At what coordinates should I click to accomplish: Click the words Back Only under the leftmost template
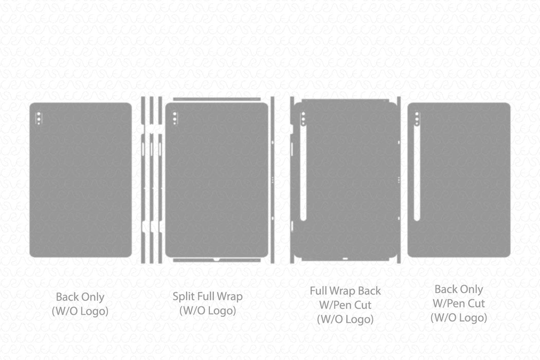pyautogui.click(x=80, y=297)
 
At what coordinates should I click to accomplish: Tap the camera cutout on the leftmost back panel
pyautogui.click(x=38, y=118)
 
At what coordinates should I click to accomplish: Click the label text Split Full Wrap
pyautogui.click(x=207, y=296)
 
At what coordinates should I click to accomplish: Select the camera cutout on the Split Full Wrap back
pyautogui.click(x=174, y=118)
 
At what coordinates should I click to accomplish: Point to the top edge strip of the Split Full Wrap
pyautogui.click(x=216, y=99)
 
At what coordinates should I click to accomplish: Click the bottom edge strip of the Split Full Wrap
pyautogui.click(x=216, y=260)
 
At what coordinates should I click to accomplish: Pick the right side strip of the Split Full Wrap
pyautogui.click(x=273, y=180)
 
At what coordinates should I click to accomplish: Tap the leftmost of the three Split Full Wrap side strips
pyautogui.click(x=143, y=180)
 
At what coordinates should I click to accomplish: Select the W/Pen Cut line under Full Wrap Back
pyautogui.click(x=345, y=305)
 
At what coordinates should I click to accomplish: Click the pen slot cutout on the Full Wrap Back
pyautogui.click(x=303, y=175)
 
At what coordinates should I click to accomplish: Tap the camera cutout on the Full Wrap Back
pyautogui.click(x=303, y=119)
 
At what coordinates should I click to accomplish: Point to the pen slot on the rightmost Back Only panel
pyautogui.click(x=417, y=175)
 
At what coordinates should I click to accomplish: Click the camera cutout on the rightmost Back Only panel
pyautogui.click(x=417, y=118)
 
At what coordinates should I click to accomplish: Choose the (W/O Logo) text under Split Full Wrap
pyautogui.click(x=207, y=311)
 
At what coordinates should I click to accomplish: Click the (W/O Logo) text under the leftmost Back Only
pyautogui.click(x=80, y=311)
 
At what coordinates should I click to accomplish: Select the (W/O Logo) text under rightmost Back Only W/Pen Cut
pyautogui.click(x=458, y=318)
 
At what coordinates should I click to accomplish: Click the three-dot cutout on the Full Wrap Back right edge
pyautogui.click(x=399, y=179)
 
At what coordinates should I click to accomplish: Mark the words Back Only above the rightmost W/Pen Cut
pyautogui.click(x=458, y=290)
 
